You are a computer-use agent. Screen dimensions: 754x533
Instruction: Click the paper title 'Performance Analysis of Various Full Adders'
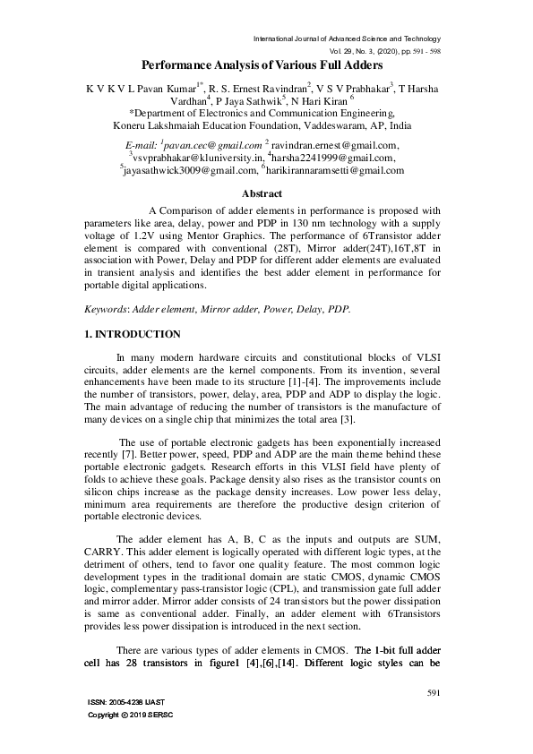coord(262,65)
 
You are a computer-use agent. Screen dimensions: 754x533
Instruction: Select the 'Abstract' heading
coord(262,193)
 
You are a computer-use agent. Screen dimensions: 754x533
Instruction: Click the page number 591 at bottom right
coord(434,692)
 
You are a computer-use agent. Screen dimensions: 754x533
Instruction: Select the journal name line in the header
coord(348,39)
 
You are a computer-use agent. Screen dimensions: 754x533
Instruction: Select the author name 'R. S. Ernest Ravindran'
coord(257,89)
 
